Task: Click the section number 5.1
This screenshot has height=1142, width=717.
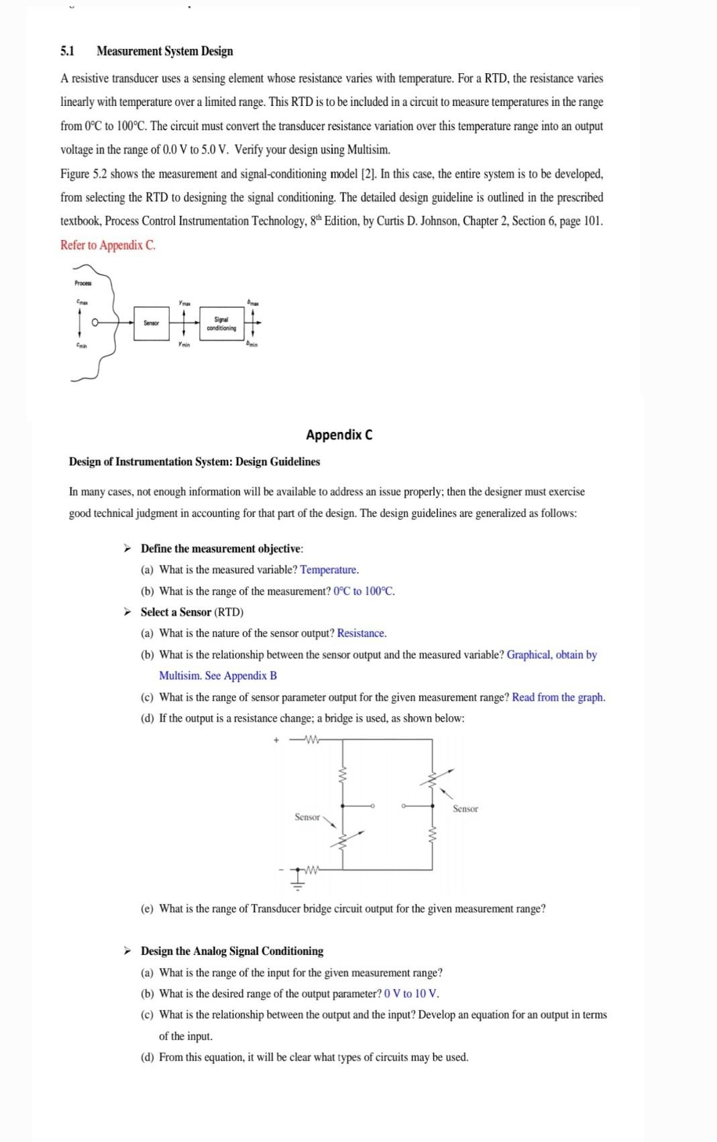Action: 67,52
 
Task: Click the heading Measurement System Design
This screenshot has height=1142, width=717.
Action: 164,52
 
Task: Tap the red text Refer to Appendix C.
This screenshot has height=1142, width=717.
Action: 107,245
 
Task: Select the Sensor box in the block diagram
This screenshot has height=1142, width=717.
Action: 152,323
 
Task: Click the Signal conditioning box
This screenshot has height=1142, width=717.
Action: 221,324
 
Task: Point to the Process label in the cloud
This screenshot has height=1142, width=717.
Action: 83,284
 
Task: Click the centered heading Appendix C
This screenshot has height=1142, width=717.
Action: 339,435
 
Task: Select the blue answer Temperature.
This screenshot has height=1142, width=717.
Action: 329,570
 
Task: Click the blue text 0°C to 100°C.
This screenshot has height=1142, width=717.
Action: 364,591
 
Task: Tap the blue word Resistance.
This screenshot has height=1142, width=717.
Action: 362,634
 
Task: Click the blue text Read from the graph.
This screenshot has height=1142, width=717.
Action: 558,697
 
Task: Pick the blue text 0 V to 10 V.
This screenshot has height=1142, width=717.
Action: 411,994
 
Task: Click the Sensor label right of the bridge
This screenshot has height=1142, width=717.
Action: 465,809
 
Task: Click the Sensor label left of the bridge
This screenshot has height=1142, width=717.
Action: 307,817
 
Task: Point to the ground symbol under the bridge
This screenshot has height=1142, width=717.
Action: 298,880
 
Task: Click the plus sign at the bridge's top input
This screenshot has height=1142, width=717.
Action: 276,741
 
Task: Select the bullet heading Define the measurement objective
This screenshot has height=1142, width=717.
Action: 221,549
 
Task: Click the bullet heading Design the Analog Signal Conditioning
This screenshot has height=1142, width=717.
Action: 231,951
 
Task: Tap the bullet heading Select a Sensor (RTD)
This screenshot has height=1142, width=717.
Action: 192,612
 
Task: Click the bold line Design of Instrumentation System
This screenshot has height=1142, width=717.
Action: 195,462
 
